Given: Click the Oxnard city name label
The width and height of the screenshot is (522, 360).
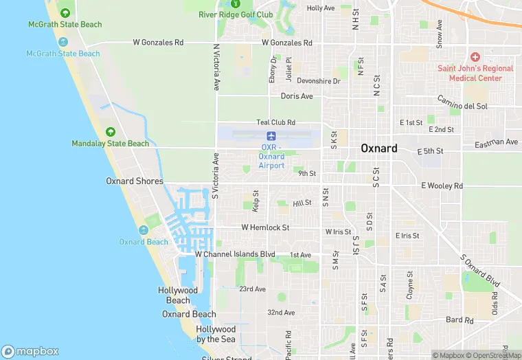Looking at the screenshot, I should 379,148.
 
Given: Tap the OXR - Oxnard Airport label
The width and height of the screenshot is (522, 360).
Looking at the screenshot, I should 272,157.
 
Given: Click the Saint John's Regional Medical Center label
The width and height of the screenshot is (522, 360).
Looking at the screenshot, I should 475,73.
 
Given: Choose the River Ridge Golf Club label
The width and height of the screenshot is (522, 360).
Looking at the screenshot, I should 236,14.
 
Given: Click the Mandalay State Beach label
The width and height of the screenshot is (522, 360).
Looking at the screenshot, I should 110,144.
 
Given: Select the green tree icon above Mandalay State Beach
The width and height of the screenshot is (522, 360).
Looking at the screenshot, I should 109,131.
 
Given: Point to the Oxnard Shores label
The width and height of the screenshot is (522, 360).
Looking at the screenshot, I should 135,181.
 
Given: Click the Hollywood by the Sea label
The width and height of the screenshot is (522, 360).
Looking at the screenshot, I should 216,335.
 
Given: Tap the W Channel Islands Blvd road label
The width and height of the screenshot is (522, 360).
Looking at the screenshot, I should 235,254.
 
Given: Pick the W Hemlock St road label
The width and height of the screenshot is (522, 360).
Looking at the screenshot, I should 264,227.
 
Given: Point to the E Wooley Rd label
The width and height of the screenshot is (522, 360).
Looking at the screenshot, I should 442,186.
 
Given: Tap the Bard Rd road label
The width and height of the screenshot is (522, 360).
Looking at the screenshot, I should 459,320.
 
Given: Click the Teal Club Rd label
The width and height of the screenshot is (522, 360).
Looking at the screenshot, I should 275,122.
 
